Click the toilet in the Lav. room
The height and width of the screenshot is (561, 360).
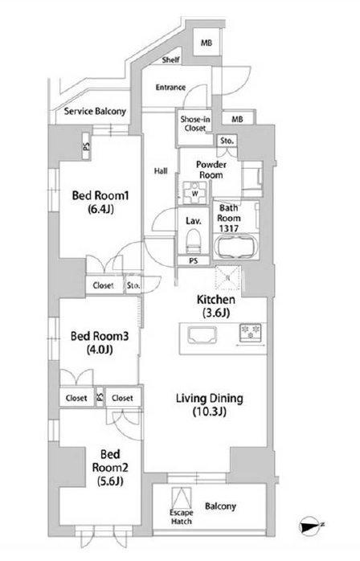pos(193,241)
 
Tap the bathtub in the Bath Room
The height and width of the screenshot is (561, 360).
pos(235,246)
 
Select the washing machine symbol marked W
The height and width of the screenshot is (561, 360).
pos(194,193)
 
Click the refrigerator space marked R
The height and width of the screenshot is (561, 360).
pos(227,277)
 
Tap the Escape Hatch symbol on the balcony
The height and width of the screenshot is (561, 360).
pos(182,498)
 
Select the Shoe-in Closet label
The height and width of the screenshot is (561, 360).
pos(195,124)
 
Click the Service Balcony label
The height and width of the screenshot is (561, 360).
pos(95,111)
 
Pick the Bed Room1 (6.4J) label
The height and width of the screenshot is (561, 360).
pos(100,203)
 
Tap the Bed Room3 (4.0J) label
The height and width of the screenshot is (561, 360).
pos(100,342)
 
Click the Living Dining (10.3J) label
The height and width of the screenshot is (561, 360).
pos(210,404)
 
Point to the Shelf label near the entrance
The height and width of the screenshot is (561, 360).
pos(170,59)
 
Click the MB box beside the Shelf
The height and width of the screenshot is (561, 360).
pos(207,43)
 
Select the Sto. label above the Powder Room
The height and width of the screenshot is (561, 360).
pos(227,141)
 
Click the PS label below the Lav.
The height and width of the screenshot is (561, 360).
pos(193,261)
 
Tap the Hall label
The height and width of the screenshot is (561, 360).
pos(161,171)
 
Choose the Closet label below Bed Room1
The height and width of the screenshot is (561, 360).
pos(103,285)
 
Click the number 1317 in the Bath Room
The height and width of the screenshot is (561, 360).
pos(229,228)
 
